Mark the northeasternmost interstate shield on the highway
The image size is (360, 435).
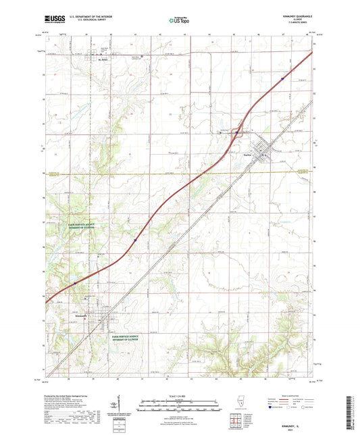coord(282,78)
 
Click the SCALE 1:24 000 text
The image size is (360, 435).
coord(180,396)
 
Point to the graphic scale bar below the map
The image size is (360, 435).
coord(180,403)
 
